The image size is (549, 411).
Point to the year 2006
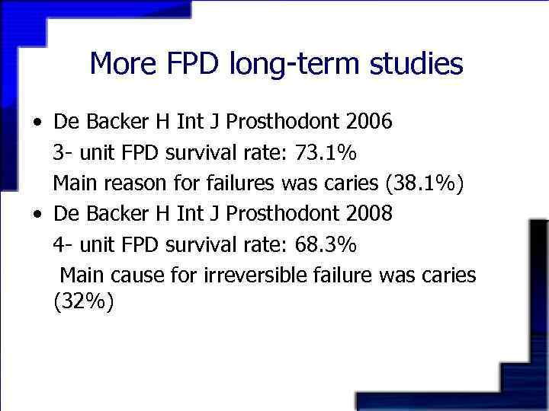(x=368, y=122)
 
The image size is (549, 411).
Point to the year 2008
(x=368, y=214)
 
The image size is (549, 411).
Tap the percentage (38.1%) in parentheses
(x=430, y=183)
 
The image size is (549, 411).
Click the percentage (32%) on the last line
(x=84, y=303)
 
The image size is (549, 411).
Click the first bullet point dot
(x=37, y=123)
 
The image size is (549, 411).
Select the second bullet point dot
(x=37, y=215)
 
